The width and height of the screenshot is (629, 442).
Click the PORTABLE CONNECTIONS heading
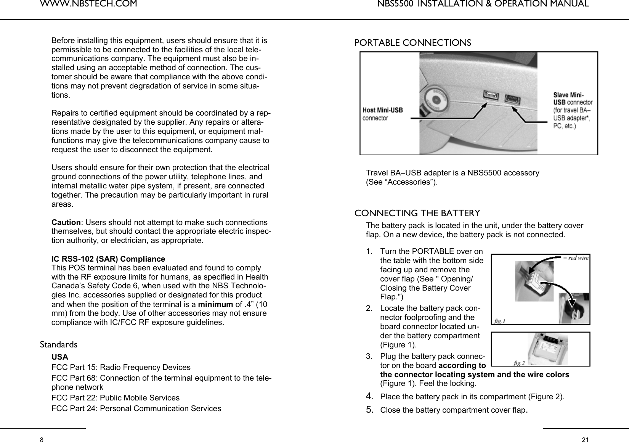pyautogui.click(x=413, y=43)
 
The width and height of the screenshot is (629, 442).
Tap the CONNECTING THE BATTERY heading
pyautogui.click(x=417, y=213)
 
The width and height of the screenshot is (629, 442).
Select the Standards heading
pyautogui.click(x=59, y=345)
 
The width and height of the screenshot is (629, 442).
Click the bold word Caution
pyautogui.click(x=66, y=223)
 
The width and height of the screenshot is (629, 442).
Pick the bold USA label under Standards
pyautogui.click(x=60, y=357)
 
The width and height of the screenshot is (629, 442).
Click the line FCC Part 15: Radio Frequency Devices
pyautogui.click(x=121, y=368)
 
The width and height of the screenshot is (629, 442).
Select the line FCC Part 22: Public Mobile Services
pyautogui.click(x=116, y=398)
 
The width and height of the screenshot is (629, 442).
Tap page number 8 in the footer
pyautogui.click(x=42, y=440)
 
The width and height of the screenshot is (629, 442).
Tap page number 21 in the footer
pyautogui.click(x=585, y=440)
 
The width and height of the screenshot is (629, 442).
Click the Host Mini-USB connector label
pyautogui.click(x=382, y=114)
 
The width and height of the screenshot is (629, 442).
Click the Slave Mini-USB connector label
pyautogui.click(x=573, y=110)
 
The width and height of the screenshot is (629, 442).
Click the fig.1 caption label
pyautogui.click(x=500, y=321)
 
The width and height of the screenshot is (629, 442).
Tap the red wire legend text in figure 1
pyautogui.click(x=576, y=258)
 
